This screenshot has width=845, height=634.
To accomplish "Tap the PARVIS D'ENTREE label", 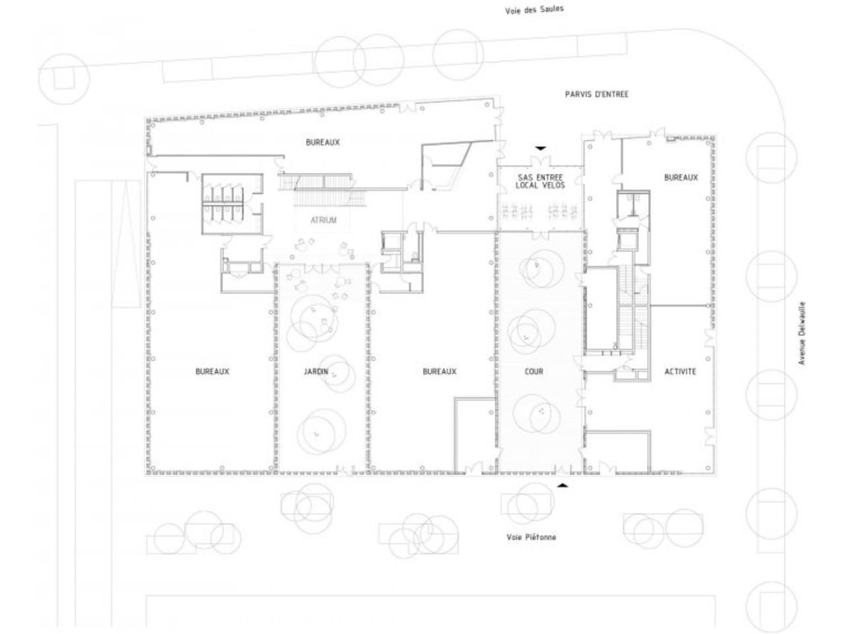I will point(596,94).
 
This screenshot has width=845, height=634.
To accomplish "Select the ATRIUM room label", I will point(323,220).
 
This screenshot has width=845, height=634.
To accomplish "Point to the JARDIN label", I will point(316,372).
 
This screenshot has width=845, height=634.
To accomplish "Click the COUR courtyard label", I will point(533,372).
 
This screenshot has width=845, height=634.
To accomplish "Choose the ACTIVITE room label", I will point(680,372).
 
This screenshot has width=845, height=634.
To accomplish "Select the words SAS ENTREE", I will point(540,178).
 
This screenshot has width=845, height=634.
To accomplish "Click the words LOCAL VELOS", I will point(540,186).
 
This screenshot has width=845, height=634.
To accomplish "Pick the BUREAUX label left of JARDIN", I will point(212,372).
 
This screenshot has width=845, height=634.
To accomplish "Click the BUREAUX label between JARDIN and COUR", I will point(439,372).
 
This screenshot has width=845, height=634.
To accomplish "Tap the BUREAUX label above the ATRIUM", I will point(323,143).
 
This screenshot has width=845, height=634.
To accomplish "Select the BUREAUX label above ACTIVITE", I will point(681,178).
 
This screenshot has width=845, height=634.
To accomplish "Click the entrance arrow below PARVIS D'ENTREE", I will point(541,148).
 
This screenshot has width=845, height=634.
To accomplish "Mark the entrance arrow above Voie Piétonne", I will point(562,485).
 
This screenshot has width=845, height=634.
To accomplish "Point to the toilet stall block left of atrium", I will point(224,203).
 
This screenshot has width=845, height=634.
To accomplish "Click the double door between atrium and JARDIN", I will point(323,267).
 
